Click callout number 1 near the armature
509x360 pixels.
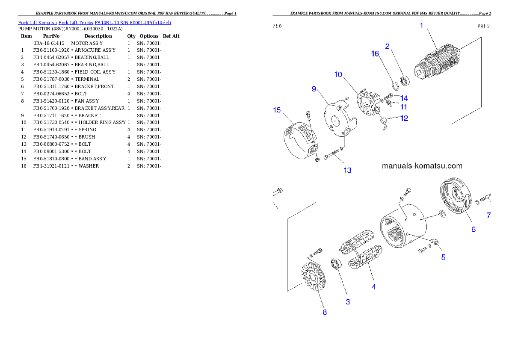coord(421,26)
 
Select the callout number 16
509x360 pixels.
coord(375,53)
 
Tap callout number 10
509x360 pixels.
coord(338,74)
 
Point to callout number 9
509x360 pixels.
coord(314,89)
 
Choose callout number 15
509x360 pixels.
coord(277,110)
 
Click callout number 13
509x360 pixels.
coord(347,170)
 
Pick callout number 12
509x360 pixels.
coord(404,118)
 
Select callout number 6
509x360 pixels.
coord(473,229)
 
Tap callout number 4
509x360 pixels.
coord(374,287)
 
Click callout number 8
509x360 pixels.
coord(325,312)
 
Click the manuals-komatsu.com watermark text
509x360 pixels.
coord(422,166)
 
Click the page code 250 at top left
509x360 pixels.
coord(277,26)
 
